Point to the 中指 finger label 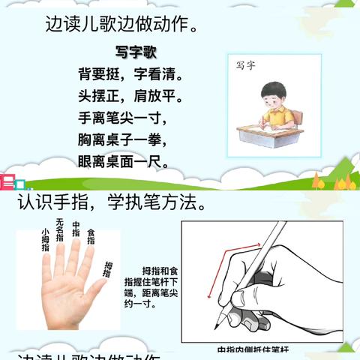[75, 229]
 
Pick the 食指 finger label [91, 235]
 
